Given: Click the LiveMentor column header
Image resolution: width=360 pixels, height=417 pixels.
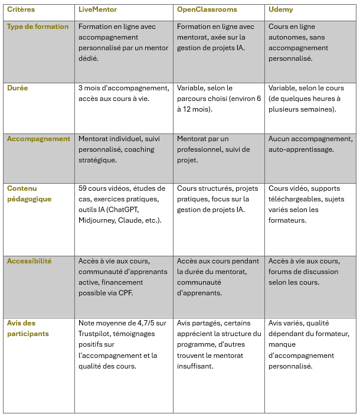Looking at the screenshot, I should pyautogui.click(x=97, y=10).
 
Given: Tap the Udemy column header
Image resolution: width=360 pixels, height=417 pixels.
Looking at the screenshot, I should pyautogui.click(x=280, y=10).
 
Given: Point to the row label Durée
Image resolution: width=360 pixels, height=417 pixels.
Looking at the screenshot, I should pyautogui.click(x=18, y=87).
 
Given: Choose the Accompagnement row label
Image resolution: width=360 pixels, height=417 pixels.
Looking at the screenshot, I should pyautogui.click(x=38, y=139).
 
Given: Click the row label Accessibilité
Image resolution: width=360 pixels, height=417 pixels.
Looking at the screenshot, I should pyautogui.click(x=30, y=261).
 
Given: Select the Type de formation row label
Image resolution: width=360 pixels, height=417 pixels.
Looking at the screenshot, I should pyautogui.click(x=38, y=27).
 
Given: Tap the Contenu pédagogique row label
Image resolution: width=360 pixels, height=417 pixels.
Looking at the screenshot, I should pyautogui.click(x=29, y=194).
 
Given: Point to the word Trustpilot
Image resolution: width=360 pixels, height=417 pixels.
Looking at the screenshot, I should pyautogui.click(x=97, y=334).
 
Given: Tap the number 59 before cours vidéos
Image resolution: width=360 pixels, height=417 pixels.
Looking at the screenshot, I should pyautogui.click(x=83, y=188).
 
